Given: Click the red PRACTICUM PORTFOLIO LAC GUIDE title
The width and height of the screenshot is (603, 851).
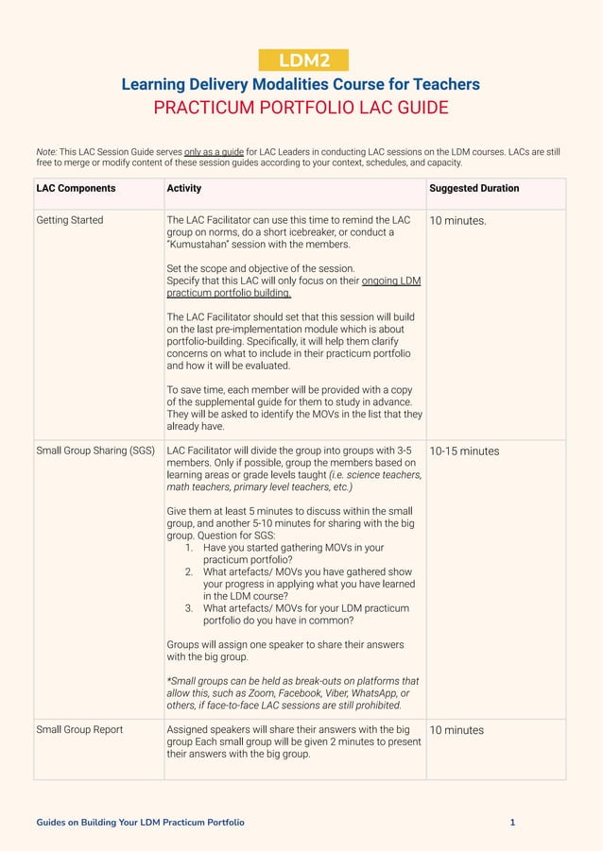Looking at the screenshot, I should (301, 108).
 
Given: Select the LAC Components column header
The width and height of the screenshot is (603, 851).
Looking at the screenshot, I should (76, 188).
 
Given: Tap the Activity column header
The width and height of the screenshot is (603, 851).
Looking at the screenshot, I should (184, 188).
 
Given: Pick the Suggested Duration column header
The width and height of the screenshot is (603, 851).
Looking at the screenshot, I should (474, 188).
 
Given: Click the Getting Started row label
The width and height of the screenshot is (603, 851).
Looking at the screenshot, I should (70, 220).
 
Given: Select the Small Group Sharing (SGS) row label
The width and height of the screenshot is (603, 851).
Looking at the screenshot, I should (95, 451).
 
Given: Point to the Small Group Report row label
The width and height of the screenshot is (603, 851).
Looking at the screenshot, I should (79, 729).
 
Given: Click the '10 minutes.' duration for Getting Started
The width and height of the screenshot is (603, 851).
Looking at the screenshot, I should (458, 221).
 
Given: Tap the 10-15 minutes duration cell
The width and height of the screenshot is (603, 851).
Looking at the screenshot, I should (464, 451).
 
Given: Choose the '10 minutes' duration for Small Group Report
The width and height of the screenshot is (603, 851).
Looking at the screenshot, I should (457, 730).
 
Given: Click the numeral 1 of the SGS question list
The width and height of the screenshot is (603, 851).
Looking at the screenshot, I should (189, 548).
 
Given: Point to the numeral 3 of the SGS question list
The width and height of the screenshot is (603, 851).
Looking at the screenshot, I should (189, 608).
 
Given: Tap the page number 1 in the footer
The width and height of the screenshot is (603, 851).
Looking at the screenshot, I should (512, 823).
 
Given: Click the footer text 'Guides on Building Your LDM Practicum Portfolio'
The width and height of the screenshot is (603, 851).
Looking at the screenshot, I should (140, 823).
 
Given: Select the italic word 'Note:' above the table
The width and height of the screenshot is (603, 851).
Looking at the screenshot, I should (46, 151).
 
